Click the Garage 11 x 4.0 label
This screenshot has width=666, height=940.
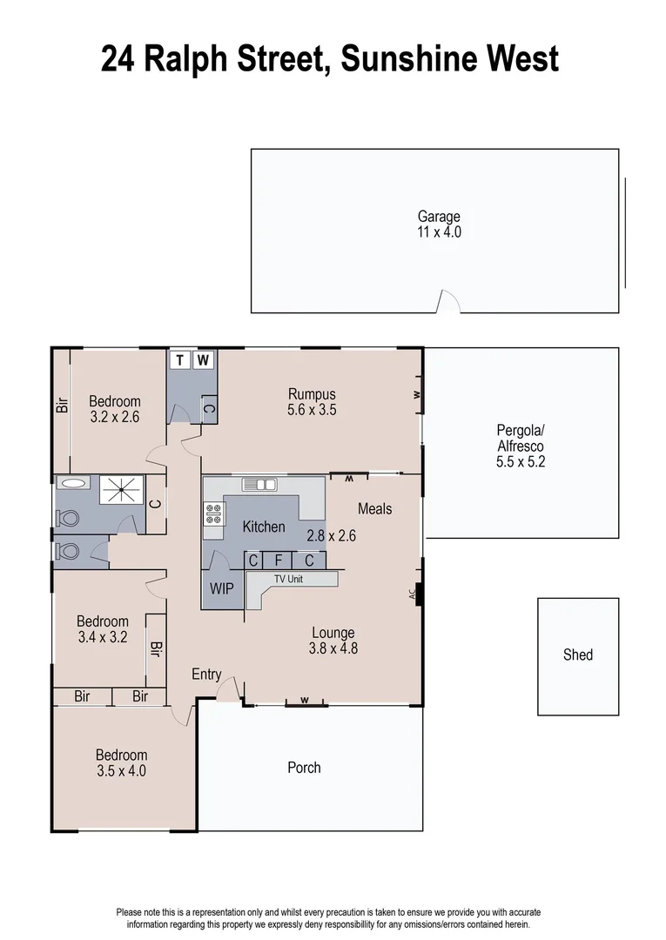tap(439, 225)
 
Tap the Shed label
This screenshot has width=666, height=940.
tap(577, 655)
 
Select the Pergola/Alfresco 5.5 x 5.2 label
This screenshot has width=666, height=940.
tap(521, 446)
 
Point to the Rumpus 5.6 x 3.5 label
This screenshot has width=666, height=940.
tap(312, 401)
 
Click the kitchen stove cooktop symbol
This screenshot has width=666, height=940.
tap(213, 514)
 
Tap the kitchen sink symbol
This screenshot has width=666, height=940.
tap(259, 484)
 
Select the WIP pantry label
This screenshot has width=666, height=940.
tap(222, 587)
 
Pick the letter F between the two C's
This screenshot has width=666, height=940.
tap(279, 561)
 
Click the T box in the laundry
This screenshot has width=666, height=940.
tap(180, 359)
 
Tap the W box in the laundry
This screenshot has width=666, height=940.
tap(203, 359)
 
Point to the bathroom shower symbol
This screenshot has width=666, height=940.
tap(121, 490)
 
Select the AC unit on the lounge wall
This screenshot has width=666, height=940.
tap(419, 594)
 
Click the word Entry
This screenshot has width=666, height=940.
tap(206, 675)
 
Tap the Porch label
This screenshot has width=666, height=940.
tap(304, 767)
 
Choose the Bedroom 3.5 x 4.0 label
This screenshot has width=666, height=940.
tap(121, 762)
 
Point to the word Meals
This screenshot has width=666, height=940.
tap(374, 508)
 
